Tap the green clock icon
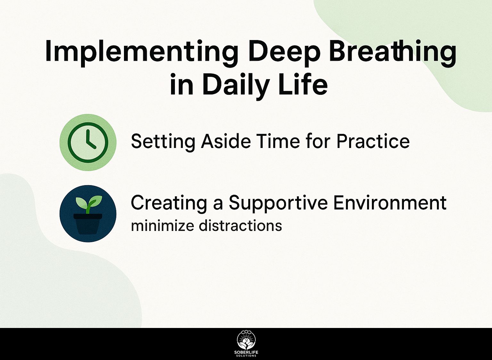[x=88, y=142]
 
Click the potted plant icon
[x=88, y=214]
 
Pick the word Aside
[x=226, y=141]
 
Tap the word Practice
[x=373, y=141]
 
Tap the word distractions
[x=241, y=225]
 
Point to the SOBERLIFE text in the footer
[x=246, y=352]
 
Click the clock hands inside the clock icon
[x=91, y=139]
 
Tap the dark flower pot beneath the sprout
[x=88, y=224]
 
